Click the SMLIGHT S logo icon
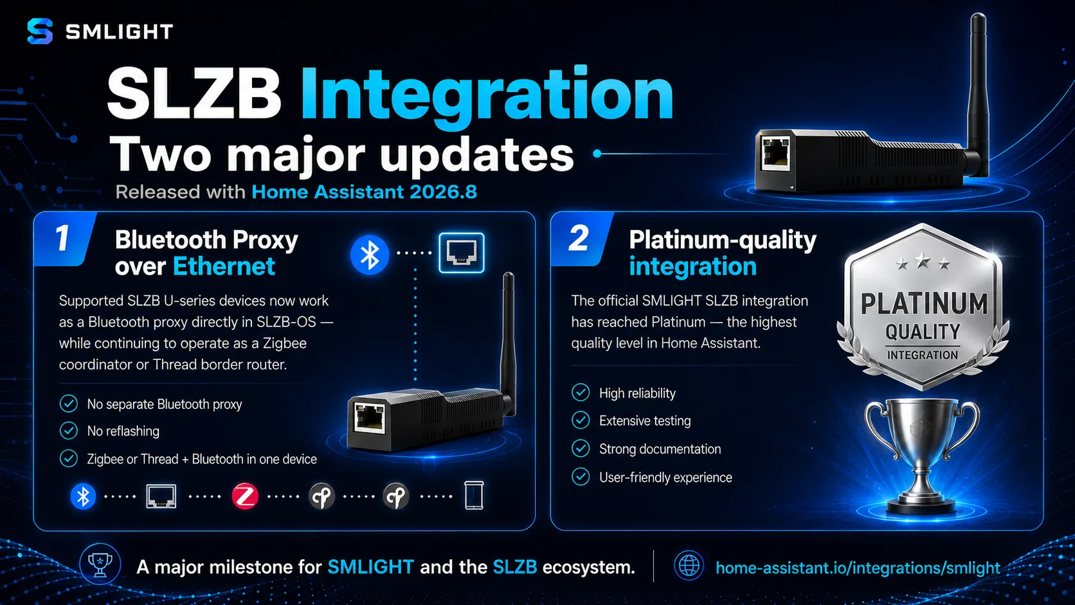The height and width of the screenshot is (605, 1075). click(x=40, y=32)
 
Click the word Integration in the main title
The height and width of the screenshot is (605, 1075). click(x=487, y=96)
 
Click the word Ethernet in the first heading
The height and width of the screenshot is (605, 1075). click(x=224, y=266)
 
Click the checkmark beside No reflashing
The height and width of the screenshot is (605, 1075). click(x=69, y=431)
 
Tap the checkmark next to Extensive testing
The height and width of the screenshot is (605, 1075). click(x=581, y=420)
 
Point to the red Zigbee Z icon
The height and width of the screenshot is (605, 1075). click(x=245, y=496)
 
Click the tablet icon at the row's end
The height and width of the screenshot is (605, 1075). click(x=474, y=495)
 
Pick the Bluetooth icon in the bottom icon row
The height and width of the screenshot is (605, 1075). click(x=83, y=496)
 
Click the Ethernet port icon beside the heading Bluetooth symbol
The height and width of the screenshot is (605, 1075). click(x=462, y=253)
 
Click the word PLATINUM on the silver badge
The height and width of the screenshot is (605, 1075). click(x=925, y=304)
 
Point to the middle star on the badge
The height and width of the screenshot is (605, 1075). click(x=923, y=260)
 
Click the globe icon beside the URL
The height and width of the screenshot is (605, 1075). click(x=689, y=566)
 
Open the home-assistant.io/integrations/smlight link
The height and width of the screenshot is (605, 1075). click(x=858, y=568)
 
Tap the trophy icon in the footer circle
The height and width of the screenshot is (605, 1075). click(x=100, y=564)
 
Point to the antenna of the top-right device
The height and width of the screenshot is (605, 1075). click(x=977, y=91)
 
